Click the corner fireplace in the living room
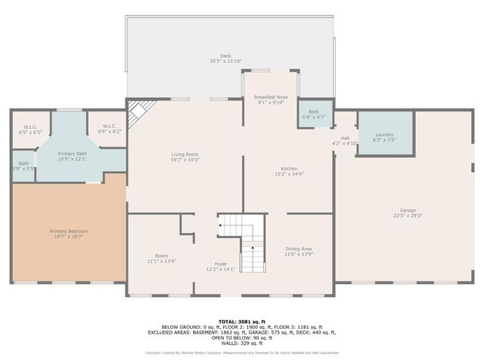tap(138, 115)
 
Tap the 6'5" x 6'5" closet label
tap(30, 129)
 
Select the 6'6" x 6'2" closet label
tap(109, 129)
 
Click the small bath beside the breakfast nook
tap(313, 114)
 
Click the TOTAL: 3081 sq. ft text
tap(242, 321)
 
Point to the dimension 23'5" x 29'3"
tap(408, 216)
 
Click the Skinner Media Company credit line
tap(242, 352)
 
